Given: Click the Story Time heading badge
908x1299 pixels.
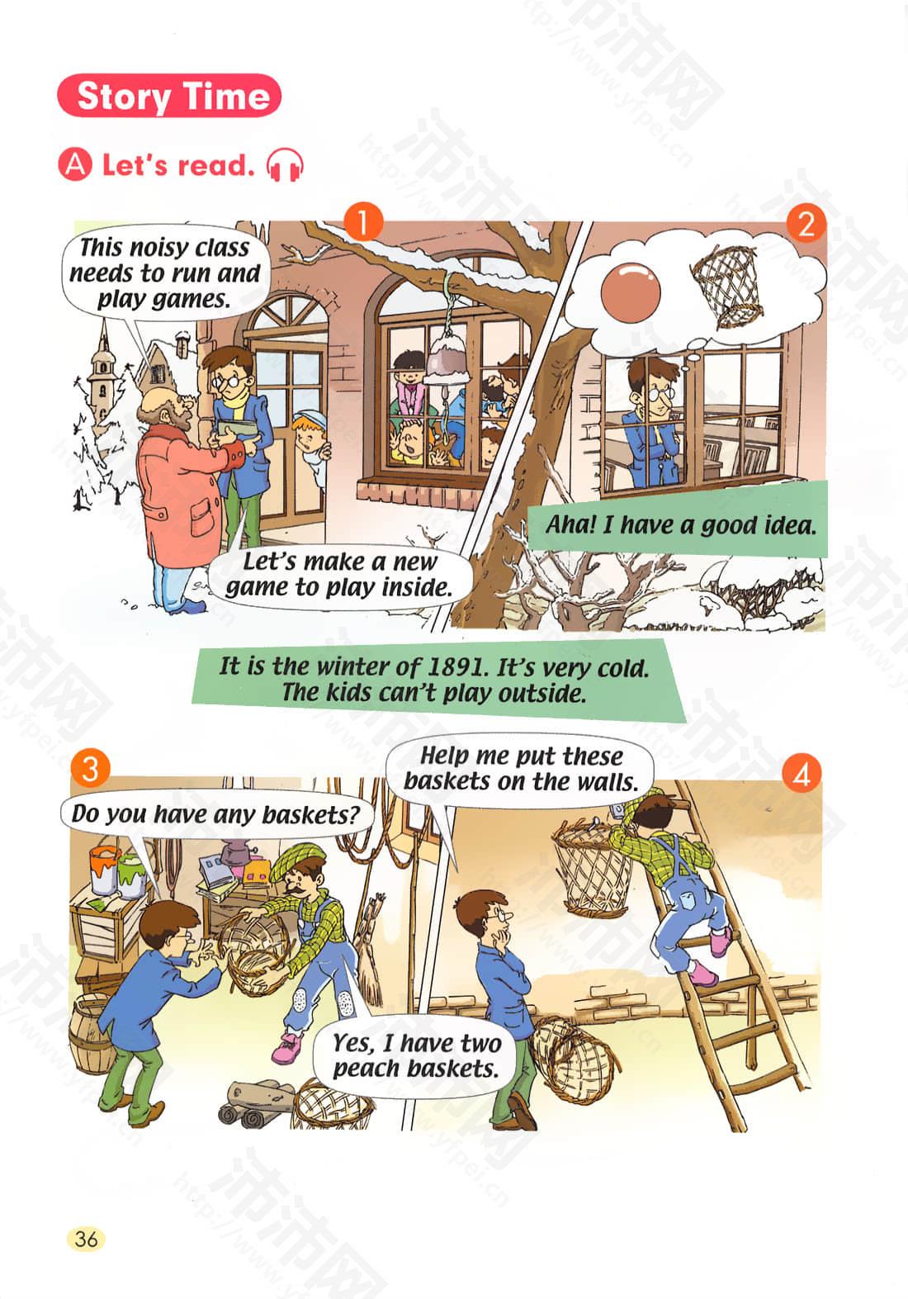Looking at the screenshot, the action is tap(168, 96).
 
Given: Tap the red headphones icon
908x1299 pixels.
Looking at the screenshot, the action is tap(284, 165).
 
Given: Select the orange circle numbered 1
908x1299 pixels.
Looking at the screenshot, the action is tap(363, 222).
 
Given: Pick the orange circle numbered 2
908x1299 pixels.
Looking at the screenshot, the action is tap(806, 223).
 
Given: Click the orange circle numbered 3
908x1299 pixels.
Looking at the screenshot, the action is tap(90, 769).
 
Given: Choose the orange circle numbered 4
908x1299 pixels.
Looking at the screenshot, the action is tap(802, 773).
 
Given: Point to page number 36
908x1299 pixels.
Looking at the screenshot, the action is tap(87, 1236).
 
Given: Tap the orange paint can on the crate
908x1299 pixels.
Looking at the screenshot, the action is tap(104, 869).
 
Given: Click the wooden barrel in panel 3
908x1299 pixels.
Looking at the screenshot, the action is tap(92, 1033).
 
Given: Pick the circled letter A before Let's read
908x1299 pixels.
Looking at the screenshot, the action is tap(75, 165).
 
